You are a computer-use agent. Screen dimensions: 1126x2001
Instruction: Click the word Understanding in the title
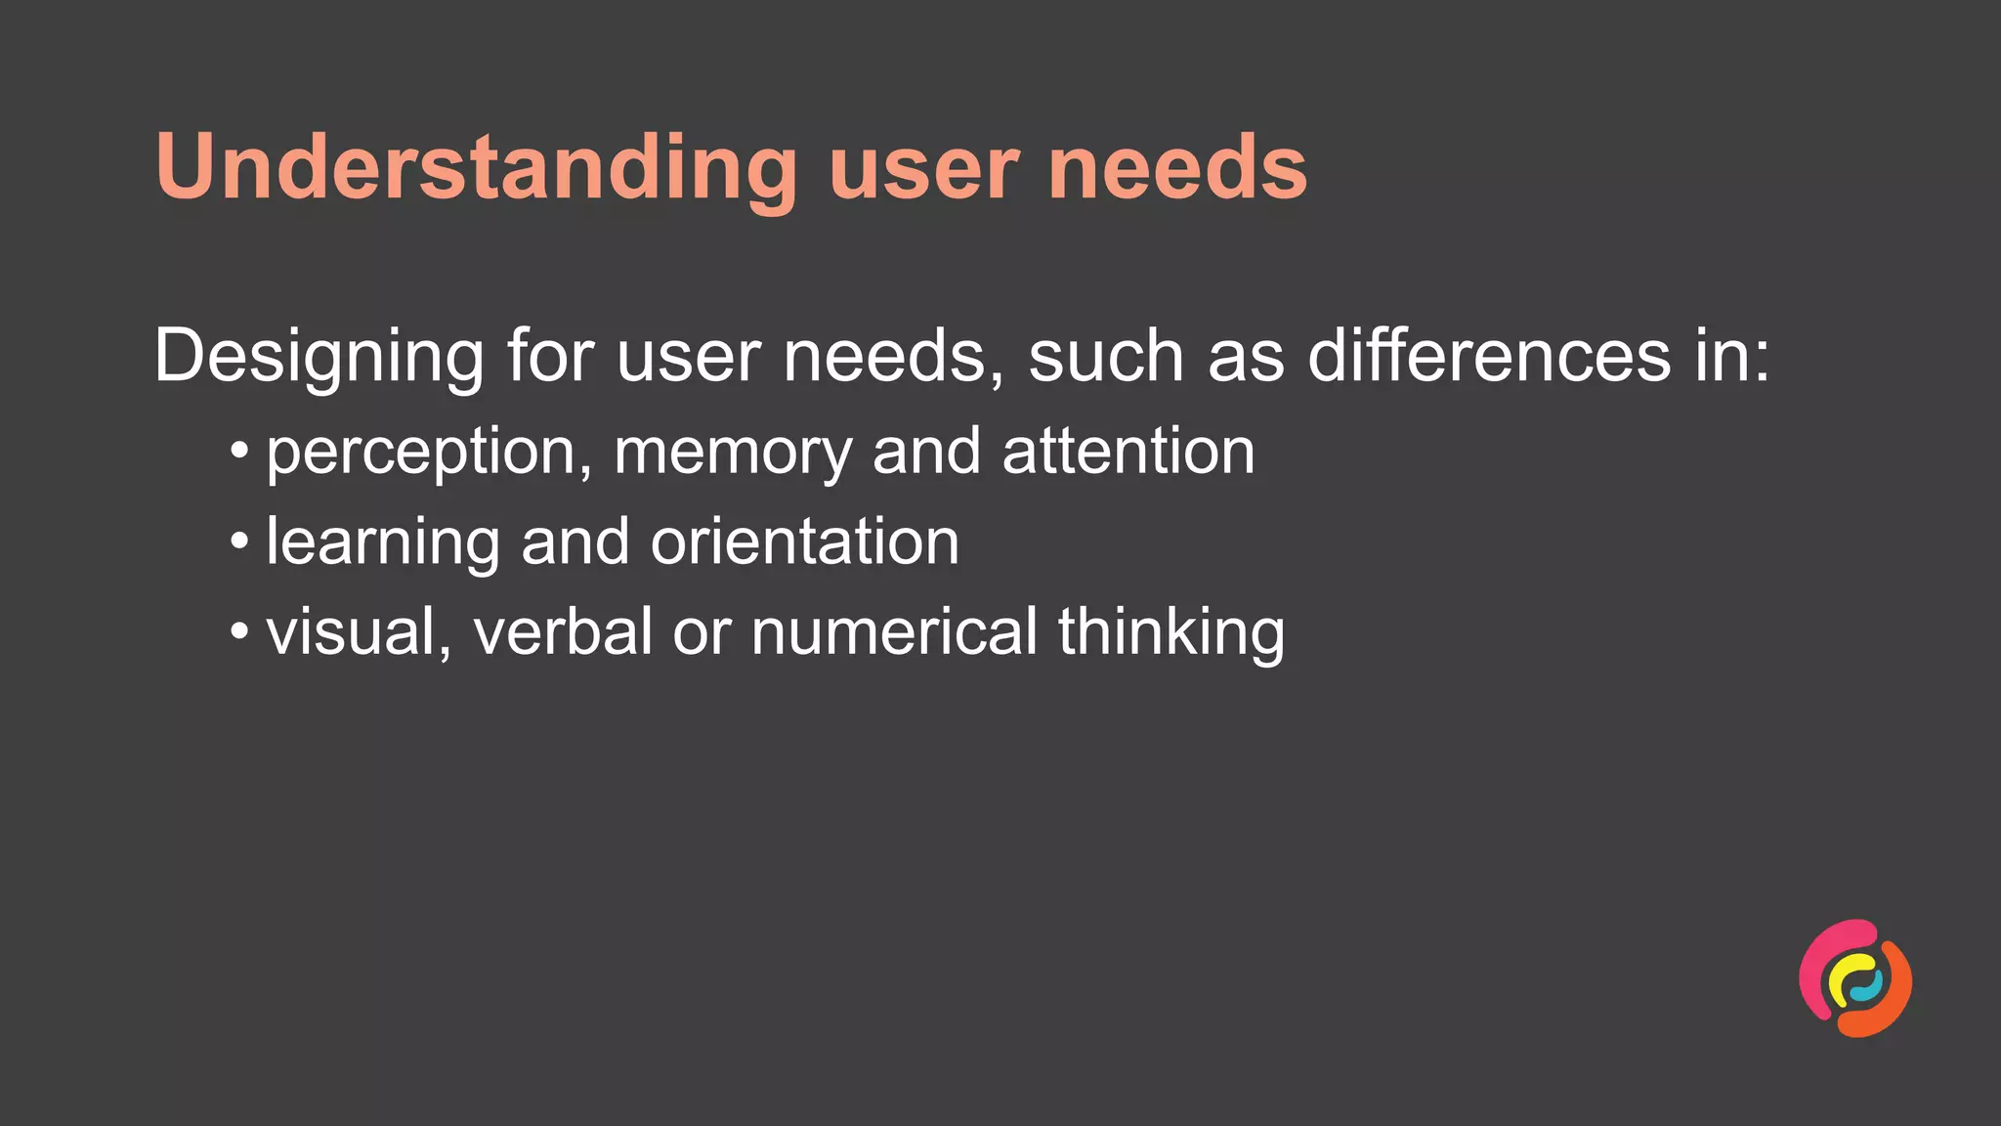[x=476, y=168]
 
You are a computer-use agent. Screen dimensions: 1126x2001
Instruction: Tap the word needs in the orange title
[x=1177, y=168]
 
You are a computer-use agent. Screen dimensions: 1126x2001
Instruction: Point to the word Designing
[x=319, y=358]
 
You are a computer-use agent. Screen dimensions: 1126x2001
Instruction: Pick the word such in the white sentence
[x=1106, y=356]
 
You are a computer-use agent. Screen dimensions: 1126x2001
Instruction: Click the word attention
[x=1128, y=452]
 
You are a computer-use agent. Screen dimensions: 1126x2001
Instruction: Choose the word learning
[x=383, y=543]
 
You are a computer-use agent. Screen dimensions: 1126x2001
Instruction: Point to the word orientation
[x=805, y=541]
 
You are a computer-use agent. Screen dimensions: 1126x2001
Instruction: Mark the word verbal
[x=563, y=631]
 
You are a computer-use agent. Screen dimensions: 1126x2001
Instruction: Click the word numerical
[x=894, y=631]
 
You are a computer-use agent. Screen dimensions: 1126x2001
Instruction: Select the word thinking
[x=1171, y=633]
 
